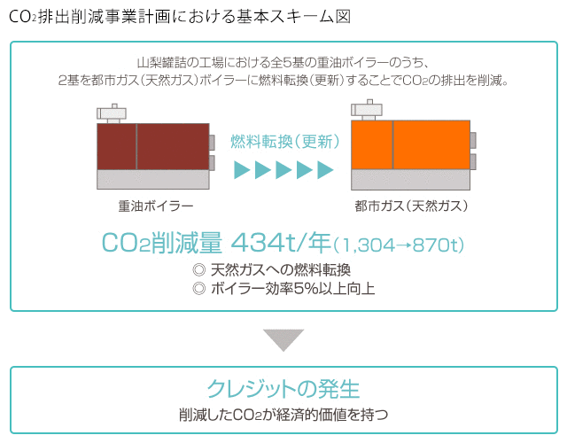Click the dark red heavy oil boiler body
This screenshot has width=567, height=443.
click(x=153, y=146)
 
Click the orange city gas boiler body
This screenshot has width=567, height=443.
click(x=410, y=144)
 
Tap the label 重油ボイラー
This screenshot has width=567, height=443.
click(x=156, y=206)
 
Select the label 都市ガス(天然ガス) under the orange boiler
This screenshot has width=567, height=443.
click(x=411, y=206)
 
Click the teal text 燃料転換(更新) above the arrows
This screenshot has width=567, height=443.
click(x=285, y=142)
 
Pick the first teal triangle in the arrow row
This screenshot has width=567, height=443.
click(x=242, y=169)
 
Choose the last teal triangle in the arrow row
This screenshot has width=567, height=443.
click(x=325, y=169)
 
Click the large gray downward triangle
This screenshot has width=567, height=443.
click(x=283, y=339)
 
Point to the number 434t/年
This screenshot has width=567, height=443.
click(x=281, y=243)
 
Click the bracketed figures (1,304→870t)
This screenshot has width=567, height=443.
click(x=398, y=245)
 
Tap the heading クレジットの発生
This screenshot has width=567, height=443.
click(x=283, y=389)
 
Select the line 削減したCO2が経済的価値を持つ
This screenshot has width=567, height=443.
click(x=283, y=415)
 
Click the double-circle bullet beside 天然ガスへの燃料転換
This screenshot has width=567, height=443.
click(x=199, y=269)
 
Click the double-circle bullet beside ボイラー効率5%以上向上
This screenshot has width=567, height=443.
click(x=199, y=289)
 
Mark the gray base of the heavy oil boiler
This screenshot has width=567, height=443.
click(x=153, y=179)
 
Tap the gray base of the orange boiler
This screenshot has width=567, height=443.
click(x=410, y=180)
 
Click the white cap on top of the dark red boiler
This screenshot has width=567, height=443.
click(x=112, y=113)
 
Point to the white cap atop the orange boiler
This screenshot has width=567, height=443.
click(x=366, y=110)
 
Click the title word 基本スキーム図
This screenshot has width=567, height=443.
click(x=293, y=17)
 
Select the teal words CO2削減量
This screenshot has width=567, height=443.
click(x=161, y=243)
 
